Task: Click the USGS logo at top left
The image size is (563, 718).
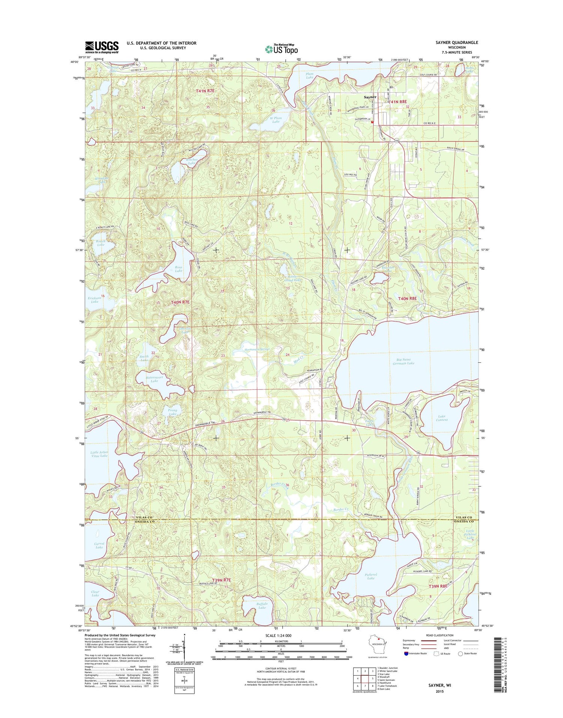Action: [102, 47]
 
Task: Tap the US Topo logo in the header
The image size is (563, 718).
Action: [281, 49]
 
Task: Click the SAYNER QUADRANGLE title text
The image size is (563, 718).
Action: [456, 43]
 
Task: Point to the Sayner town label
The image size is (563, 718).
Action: [370, 97]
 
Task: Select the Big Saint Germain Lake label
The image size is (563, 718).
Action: [403, 361]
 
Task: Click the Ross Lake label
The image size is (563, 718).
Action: [178, 269]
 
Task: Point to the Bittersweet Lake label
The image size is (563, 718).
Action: [154, 379]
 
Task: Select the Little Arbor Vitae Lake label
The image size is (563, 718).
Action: [99, 454]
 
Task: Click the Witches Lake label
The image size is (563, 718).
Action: [192, 161]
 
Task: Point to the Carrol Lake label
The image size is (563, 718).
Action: [99, 545]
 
